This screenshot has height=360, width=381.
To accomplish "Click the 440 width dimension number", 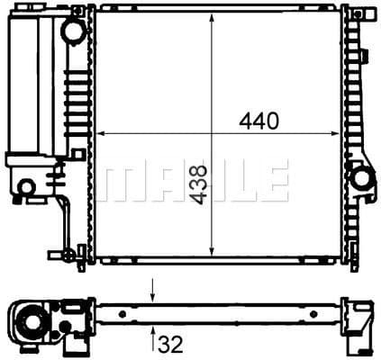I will click(259, 119).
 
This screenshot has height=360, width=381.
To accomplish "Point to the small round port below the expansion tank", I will click(27, 187).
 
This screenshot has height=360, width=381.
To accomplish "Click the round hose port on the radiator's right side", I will click(364, 178).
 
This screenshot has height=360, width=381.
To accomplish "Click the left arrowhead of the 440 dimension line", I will click(100, 133).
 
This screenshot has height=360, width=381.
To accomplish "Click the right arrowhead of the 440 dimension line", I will click(335, 133).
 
